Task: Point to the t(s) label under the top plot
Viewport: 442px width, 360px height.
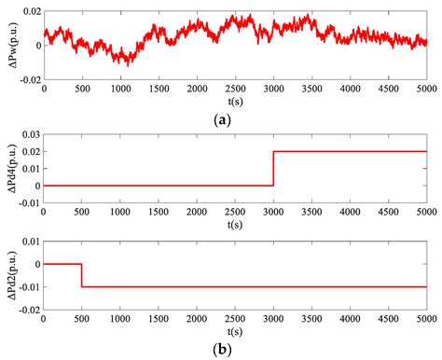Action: pos(235,102)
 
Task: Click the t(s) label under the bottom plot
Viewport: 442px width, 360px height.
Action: pos(235,332)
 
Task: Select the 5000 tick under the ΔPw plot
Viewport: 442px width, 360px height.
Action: pos(426,90)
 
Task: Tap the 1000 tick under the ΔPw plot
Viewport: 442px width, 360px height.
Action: pos(120,90)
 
